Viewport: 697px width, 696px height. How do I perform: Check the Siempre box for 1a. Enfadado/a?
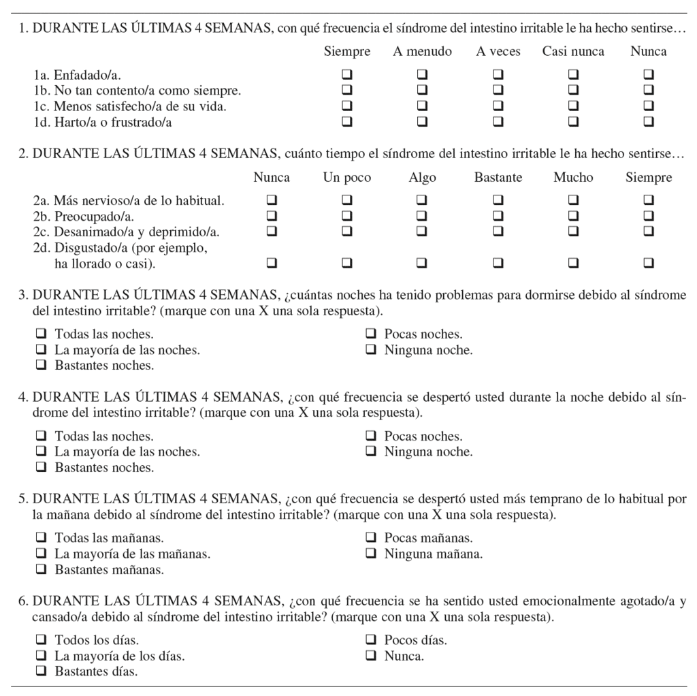pyautogui.click(x=347, y=74)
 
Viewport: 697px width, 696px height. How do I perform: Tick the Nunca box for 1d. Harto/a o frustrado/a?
pyautogui.click(x=649, y=122)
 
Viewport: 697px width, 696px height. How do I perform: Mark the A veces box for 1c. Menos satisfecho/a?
pyautogui.click(x=498, y=106)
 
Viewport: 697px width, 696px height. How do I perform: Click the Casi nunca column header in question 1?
pyautogui.click(x=573, y=52)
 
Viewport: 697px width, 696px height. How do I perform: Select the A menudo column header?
pyautogui.click(x=422, y=52)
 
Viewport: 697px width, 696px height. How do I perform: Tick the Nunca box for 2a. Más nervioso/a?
pyautogui.click(x=272, y=200)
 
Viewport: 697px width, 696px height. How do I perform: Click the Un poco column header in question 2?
pyautogui.click(x=347, y=178)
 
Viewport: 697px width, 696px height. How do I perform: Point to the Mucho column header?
pyautogui.click(x=573, y=178)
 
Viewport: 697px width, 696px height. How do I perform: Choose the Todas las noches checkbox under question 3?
pyautogui.click(x=42, y=334)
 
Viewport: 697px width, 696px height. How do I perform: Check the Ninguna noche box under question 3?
pyautogui.click(x=372, y=350)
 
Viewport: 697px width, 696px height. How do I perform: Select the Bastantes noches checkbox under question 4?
pyautogui.click(x=42, y=468)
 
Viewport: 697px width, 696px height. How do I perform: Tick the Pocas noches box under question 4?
pyautogui.click(x=372, y=437)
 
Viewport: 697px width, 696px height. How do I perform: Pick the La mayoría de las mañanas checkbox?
pyautogui.click(x=42, y=554)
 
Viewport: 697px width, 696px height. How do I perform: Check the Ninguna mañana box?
pyautogui.click(x=372, y=554)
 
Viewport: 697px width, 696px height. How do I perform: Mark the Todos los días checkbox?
pyautogui.click(x=42, y=640)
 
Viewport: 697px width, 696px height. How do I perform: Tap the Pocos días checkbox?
pyautogui.click(x=372, y=640)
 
